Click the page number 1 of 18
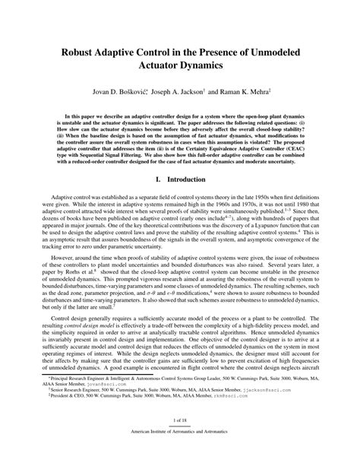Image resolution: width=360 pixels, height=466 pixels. tap(180, 440)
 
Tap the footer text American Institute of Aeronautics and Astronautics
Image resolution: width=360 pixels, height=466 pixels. tap(180, 452)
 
